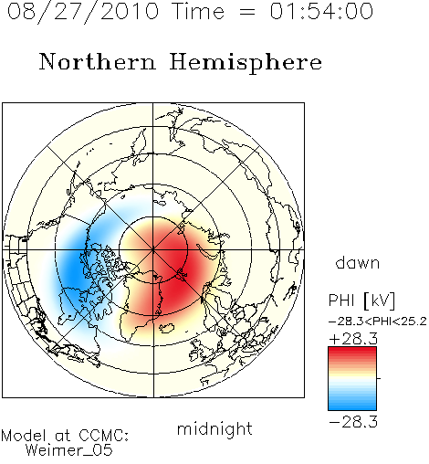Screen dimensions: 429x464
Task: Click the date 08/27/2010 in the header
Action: [x=83, y=12]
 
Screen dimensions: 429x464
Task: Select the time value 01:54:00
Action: [x=321, y=12]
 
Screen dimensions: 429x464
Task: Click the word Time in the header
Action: [x=198, y=12]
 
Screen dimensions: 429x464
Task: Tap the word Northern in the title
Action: [x=98, y=61]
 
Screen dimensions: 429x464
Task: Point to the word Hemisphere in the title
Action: [x=246, y=63]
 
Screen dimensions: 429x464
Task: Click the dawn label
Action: [x=358, y=262]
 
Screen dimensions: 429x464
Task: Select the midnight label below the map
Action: [x=214, y=428]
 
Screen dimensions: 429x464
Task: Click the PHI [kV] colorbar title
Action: [x=361, y=301]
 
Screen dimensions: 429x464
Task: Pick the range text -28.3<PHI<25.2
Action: [x=378, y=322]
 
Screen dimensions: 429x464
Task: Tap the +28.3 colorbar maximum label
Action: [x=353, y=339]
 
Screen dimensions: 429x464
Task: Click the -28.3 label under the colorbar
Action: [x=353, y=422]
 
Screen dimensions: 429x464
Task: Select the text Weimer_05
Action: [x=69, y=450]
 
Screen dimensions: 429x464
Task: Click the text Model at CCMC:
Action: [x=65, y=436]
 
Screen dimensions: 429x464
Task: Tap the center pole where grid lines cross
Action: [x=153, y=250]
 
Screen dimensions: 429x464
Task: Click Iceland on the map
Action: [x=166, y=328]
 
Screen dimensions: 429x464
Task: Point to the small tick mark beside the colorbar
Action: [x=379, y=378]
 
